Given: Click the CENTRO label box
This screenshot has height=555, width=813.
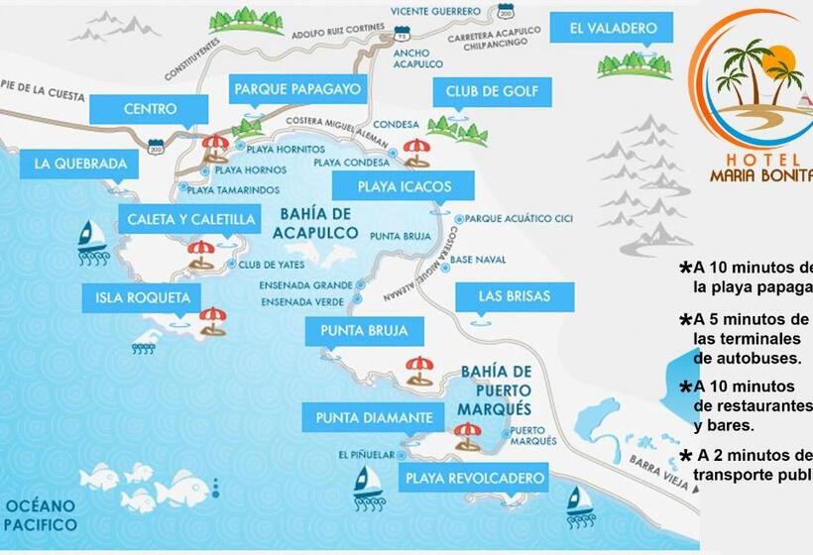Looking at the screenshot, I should click(151, 109).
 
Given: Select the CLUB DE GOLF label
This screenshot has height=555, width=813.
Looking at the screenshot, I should click(491, 93).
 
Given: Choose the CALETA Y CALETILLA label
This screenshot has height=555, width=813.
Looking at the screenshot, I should click(188, 219).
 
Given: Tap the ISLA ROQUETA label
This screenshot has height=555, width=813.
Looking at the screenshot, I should click(143, 296).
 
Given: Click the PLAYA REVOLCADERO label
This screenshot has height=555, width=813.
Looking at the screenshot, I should click(474, 479).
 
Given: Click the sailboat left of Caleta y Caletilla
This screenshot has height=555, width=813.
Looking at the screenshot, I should click(92, 237).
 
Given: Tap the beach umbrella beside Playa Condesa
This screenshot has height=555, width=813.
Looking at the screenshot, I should click(416, 152).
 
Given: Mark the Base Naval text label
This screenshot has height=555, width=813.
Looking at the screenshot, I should click(478, 260).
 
